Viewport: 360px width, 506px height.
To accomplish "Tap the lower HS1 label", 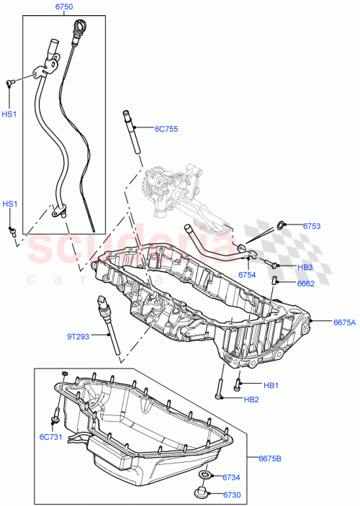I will coord(9,204).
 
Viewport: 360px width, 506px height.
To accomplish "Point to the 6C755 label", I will coord(166,130).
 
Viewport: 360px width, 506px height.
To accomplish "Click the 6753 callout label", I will coord(312,227).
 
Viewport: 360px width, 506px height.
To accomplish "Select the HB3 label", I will coord(305,267).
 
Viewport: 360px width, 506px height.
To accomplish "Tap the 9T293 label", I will coord(79,335).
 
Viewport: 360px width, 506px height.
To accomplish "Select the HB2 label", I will coord(251,399).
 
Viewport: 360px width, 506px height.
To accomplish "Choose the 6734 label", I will coord(230,477).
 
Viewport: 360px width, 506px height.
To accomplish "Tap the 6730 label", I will coord(230,494).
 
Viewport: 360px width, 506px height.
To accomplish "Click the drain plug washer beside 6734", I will coord(205,476).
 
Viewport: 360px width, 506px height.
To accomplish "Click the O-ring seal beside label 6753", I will coord(281,226).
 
